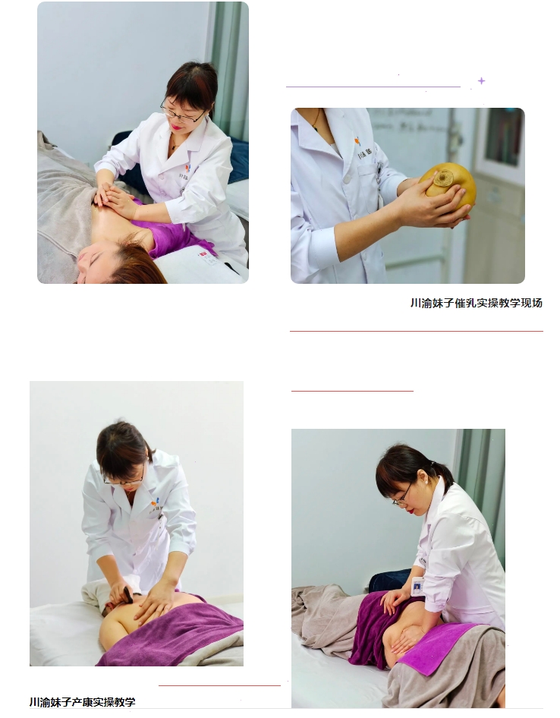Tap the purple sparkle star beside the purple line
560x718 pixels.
click(481, 81)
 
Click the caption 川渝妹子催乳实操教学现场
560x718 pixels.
click(477, 303)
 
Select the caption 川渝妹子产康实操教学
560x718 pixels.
click(83, 702)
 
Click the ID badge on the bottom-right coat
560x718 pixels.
click(417, 586)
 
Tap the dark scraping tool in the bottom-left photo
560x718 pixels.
click(127, 594)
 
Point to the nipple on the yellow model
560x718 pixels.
click(442, 178)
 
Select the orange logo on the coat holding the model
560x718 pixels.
click(357, 140)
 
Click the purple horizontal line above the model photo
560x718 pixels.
click(373, 86)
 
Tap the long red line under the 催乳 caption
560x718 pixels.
click(417, 331)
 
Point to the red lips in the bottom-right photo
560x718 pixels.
click(414, 509)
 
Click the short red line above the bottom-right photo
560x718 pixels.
click(352, 391)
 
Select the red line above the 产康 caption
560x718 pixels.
click(219, 685)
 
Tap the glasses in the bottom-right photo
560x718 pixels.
click(402, 497)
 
